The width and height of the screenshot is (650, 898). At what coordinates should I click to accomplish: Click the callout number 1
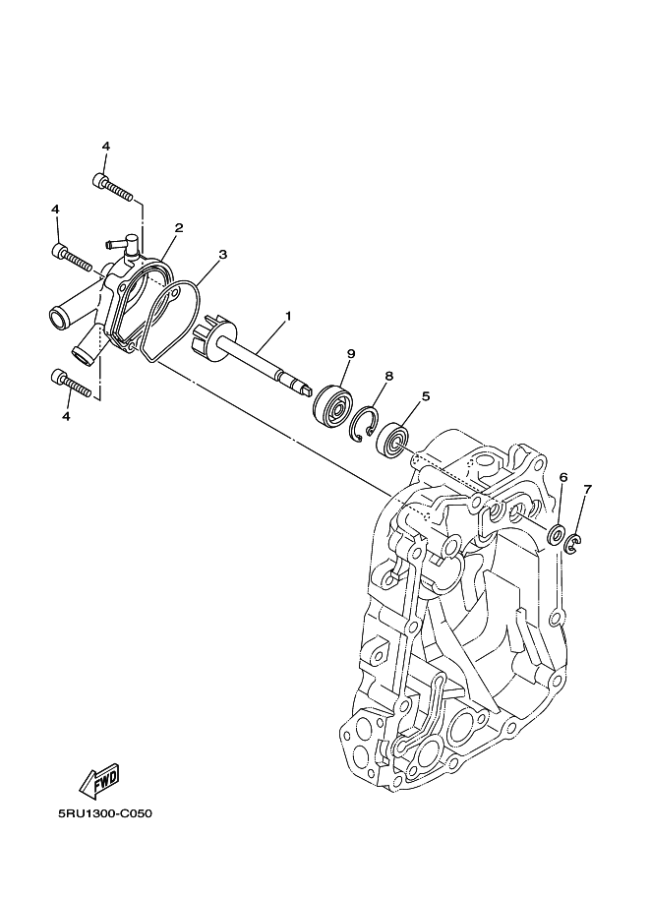point(288,317)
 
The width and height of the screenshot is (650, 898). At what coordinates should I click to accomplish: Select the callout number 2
point(179,228)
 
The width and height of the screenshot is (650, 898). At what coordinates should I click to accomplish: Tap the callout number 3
point(222,254)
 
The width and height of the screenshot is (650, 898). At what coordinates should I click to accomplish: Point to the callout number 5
point(426,396)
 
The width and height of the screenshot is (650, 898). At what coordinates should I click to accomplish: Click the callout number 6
point(562,477)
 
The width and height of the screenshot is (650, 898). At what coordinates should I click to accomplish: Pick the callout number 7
point(587,489)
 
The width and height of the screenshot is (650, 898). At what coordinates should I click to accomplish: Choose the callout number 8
point(389,376)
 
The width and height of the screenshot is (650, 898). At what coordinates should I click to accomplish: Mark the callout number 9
point(351,353)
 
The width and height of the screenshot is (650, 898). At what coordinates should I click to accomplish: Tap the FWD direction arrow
point(99,781)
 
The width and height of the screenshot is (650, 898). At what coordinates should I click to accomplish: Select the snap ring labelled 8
point(363,422)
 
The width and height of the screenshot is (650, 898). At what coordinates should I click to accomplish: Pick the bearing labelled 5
point(394,439)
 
